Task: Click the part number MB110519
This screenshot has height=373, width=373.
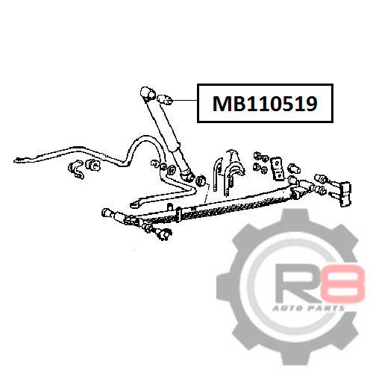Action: tap(265, 104)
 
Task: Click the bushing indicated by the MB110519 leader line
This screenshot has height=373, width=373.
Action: tap(165, 99)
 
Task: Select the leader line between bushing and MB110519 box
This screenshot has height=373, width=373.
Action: tap(185, 100)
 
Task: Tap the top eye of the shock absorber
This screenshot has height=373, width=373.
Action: tap(148, 94)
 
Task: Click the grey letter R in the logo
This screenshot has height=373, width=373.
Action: tap(299, 284)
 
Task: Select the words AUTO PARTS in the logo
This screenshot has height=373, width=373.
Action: tap(309, 309)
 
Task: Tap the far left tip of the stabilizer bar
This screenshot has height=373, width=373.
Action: tap(14, 161)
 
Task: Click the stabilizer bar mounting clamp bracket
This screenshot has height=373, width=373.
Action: tap(75, 169)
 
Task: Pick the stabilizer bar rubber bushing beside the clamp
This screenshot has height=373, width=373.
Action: tap(93, 165)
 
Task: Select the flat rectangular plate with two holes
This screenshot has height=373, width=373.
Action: tap(278, 168)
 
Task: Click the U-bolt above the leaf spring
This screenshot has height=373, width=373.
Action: tap(217, 174)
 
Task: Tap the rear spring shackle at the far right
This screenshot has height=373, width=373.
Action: tap(345, 194)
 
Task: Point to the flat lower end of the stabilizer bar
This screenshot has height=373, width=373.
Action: tap(137, 204)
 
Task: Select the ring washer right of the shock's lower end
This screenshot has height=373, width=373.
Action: tap(201, 181)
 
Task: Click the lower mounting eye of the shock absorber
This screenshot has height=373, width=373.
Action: tap(186, 175)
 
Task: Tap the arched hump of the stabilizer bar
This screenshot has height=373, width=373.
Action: tap(144, 140)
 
